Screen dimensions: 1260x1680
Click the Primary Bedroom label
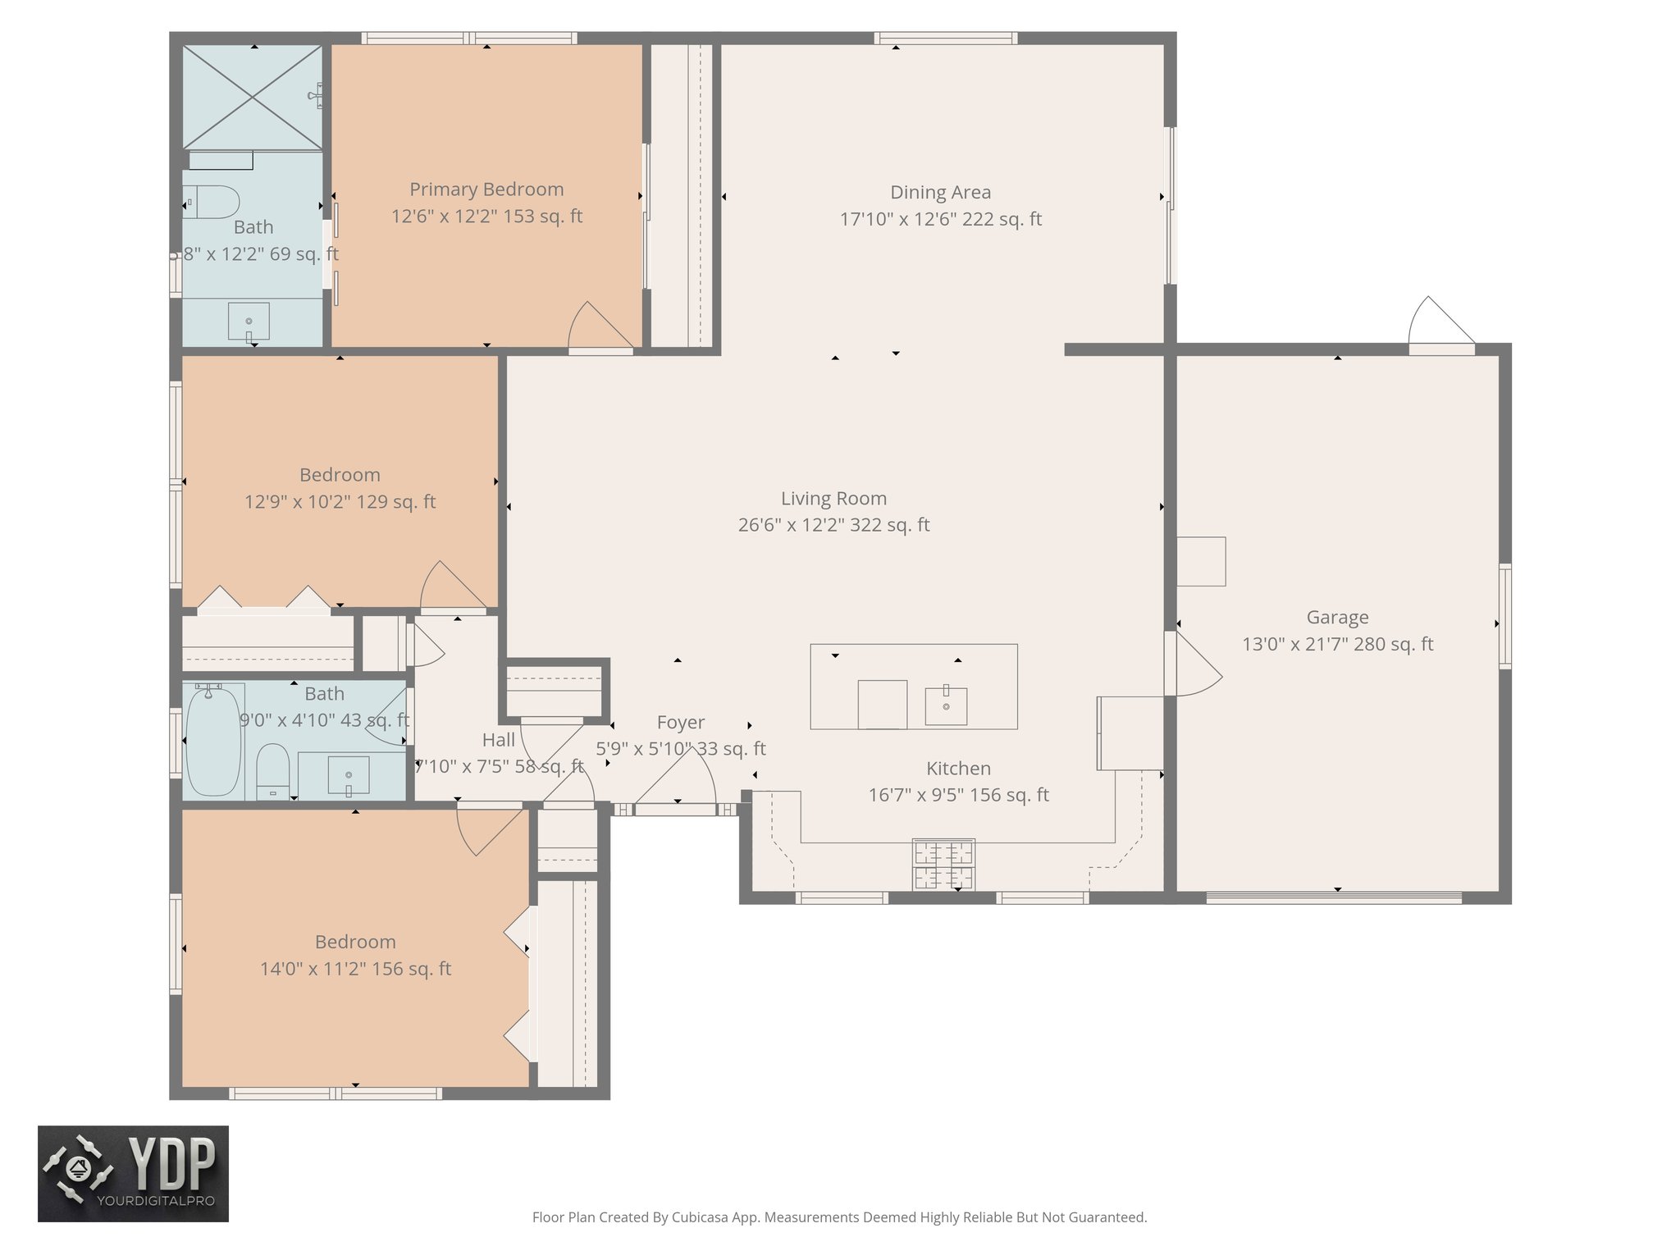click(486, 189)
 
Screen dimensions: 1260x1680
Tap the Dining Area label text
click(940, 193)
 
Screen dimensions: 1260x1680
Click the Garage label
click(1337, 617)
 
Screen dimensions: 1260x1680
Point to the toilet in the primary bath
click(212, 202)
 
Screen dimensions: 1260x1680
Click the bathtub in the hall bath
click(213, 741)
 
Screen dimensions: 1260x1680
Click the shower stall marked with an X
click(252, 98)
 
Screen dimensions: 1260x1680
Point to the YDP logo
click(133, 1173)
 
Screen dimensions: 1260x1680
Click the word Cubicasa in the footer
click(702, 1217)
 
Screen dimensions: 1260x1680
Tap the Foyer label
click(680, 723)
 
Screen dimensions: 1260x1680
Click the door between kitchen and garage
click(1195, 666)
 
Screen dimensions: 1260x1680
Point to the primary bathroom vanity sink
click(249, 321)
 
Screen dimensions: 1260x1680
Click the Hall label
click(498, 740)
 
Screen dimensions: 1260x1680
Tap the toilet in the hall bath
click(272, 768)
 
